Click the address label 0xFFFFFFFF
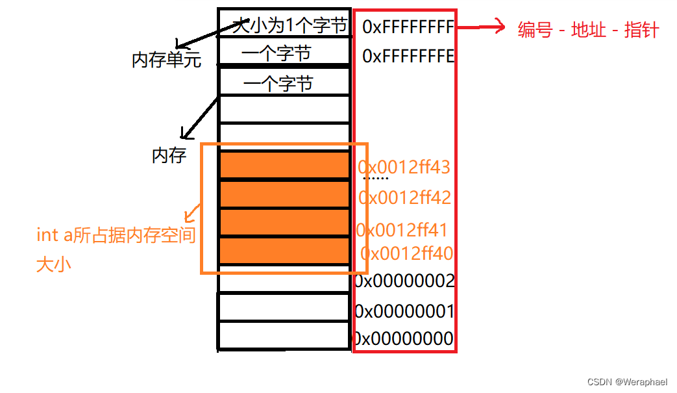[x=408, y=27]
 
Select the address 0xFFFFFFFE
[x=408, y=56]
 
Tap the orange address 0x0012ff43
[x=404, y=167]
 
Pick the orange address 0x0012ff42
[x=404, y=197]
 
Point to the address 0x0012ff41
[x=402, y=230]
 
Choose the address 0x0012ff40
[x=407, y=253]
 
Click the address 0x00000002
[x=404, y=281]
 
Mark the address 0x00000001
[x=404, y=311]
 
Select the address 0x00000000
[x=403, y=339]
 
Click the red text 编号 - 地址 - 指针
[x=588, y=30]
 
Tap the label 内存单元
[x=166, y=60]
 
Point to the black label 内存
[x=169, y=155]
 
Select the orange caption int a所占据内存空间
[x=116, y=235]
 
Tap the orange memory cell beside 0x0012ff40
[x=284, y=251]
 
